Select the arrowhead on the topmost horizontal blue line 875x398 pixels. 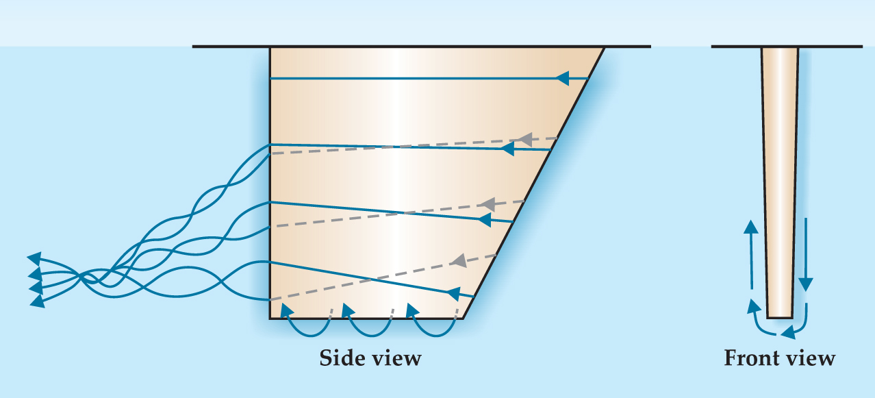pyautogui.click(x=562, y=79)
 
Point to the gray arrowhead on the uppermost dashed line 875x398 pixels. pyautogui.click(x=525, y=140)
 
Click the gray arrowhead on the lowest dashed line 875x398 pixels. pyautogui.click(x=459, y=260)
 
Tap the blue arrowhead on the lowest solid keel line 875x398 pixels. pyautogui.click(x=453, y=293)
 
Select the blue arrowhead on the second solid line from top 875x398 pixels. pyautogui.click(x=507, y=149)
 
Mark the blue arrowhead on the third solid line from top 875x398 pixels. pyautogui.click(x=484, y=219)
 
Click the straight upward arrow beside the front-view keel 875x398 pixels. pyautogui.click(x=751, y=255)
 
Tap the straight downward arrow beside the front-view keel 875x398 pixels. pyautogui.click(x=805, y=255)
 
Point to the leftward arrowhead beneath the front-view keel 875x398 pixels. pyautogui.click(x=788, y=332)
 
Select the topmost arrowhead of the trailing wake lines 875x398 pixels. pyautogui.click(x=34, y=259)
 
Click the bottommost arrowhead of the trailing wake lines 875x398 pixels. pyautogui.click(x=38, y=301)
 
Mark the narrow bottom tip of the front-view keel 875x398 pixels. pyautogui.click(x=780, y=317)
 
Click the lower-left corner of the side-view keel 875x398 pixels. pyautogui.click(x=270, y=319)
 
